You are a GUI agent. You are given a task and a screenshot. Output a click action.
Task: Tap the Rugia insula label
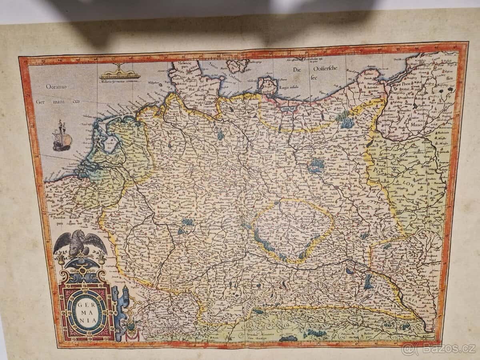point(288,97)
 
